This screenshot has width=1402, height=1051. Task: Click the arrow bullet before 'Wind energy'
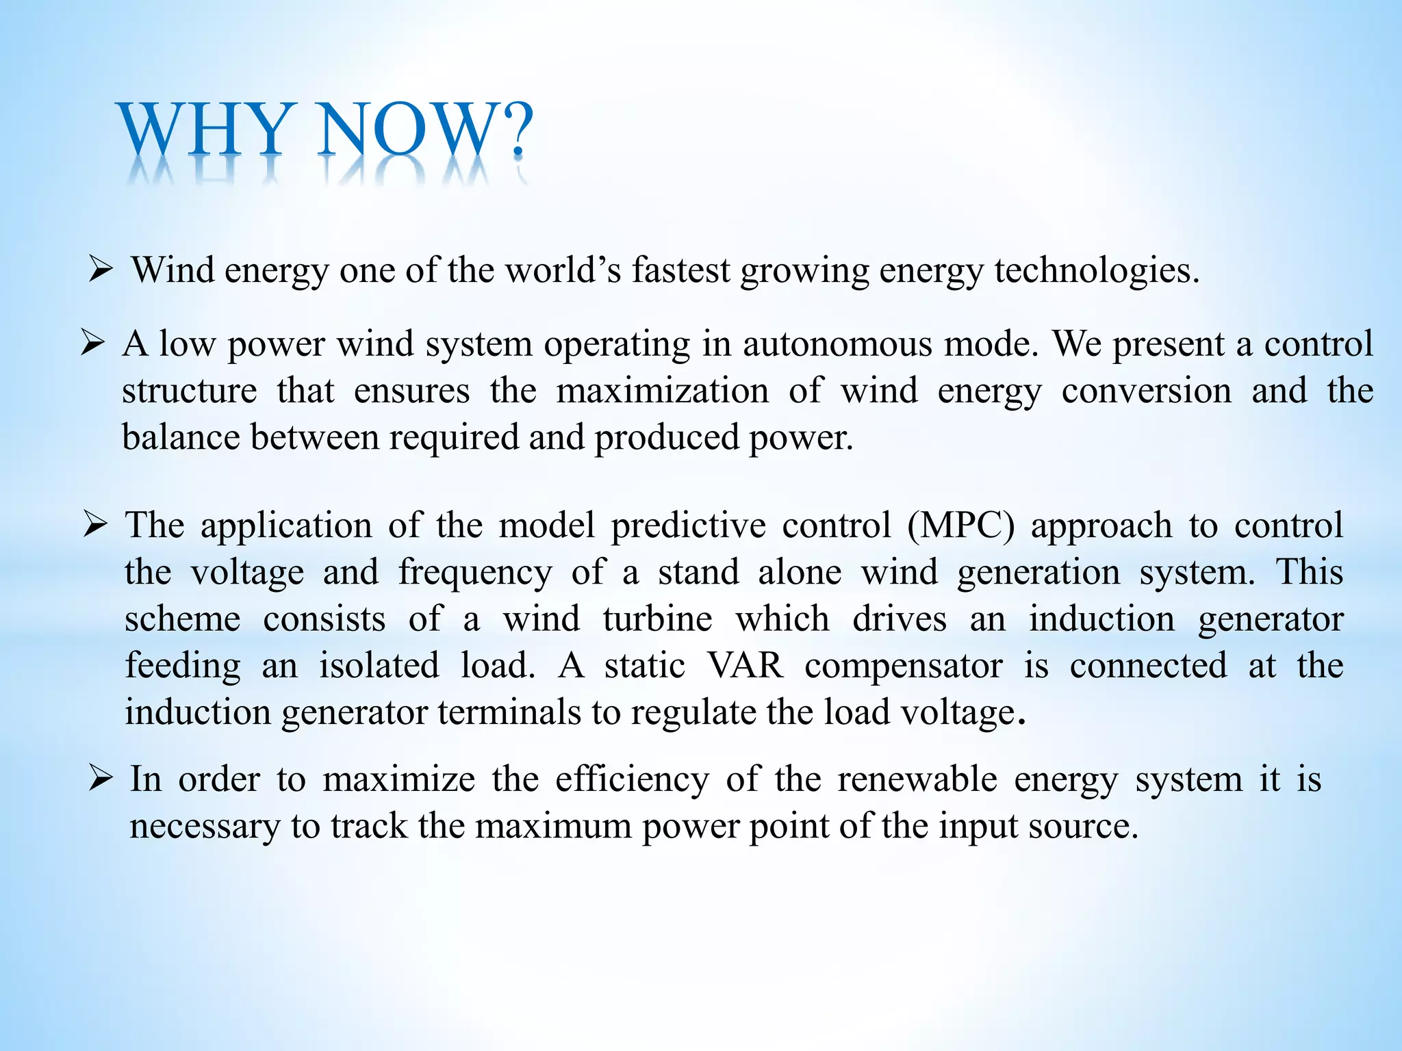point(100,270)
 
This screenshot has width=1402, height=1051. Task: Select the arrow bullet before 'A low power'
point(92,342)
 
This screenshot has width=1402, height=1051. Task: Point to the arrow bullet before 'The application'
point(95,525)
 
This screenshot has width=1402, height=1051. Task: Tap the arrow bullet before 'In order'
point(100,779)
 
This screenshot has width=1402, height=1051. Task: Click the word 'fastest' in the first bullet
point(680,270)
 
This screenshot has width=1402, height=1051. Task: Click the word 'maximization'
point(662,391)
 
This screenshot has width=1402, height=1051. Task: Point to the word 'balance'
point(181,437)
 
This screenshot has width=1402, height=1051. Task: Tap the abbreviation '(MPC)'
point(960,525)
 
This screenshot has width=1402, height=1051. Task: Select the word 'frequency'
point(475,573)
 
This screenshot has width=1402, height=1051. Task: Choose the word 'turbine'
point(657,619)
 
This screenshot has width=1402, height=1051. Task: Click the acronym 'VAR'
point(745,665)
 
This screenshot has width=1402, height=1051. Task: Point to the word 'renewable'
point(917,779)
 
